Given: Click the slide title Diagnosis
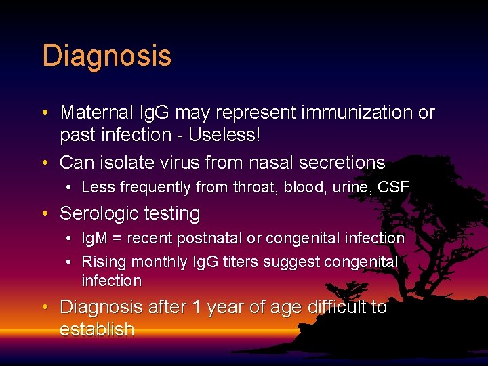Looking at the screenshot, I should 106,56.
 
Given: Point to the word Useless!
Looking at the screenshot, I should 224,135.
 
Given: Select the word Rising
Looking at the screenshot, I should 102,262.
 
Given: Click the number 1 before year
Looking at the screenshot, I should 197,307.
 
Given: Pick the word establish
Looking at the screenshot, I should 97,330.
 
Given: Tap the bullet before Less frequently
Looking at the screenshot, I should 70,188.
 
